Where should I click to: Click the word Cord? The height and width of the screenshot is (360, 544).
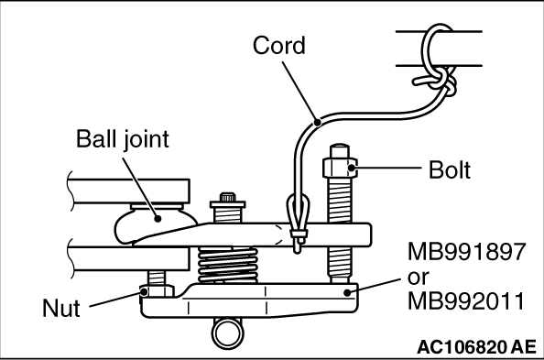279,46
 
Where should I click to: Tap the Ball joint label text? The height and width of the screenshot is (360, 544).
122,139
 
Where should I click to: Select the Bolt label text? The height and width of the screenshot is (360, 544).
450,169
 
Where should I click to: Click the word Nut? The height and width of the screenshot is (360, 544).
61,308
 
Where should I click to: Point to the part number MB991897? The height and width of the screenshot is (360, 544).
467,252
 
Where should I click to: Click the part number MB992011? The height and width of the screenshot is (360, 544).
466,300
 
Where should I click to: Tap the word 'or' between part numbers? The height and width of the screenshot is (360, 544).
418,278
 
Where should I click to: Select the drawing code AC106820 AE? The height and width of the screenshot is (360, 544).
476,347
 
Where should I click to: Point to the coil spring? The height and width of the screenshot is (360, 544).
228,265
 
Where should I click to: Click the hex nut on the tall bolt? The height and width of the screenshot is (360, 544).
340,168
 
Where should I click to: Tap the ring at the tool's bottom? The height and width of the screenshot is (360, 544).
228,333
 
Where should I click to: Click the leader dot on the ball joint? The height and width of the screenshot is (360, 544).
158,218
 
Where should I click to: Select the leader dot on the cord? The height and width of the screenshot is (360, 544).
317,122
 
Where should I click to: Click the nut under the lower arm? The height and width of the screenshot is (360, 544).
157,291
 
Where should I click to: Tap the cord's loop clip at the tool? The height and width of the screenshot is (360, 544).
298,223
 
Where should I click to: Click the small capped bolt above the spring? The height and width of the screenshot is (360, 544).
228,207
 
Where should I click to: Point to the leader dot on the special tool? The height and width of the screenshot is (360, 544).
347,292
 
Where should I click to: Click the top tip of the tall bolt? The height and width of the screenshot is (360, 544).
340,145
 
